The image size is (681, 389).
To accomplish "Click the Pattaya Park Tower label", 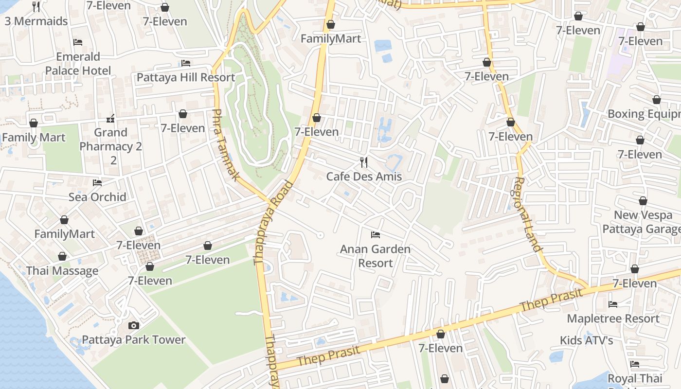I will click(133, 339).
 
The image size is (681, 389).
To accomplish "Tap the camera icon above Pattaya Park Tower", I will click(133, 325).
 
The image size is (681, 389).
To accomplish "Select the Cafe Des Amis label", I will click(364, 176).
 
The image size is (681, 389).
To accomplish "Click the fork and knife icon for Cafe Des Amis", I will click(364, 162).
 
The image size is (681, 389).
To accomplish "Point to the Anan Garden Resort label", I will click(375, 256).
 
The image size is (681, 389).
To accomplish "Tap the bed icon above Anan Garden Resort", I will click(375, 235).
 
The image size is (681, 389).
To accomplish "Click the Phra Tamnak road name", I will click(226, 144).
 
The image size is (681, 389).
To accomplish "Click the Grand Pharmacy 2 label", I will click(111, 146).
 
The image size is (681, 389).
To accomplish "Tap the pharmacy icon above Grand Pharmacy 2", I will click(111, 118).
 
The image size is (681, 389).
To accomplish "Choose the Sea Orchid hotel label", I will click(97, 196).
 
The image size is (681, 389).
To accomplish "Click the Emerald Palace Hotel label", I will click(78, 64).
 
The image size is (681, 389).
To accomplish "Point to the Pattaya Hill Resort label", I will click(186, 77).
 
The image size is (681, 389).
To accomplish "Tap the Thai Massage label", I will click(62, 271).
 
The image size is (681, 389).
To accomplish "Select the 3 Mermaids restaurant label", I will click(36, 21).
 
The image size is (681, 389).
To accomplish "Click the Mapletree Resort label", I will click(613, 318).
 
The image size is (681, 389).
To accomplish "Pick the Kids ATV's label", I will click(586, 340).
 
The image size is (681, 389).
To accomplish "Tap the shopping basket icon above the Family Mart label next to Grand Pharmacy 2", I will click(34, 124).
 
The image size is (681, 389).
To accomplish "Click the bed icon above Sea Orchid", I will click(97, 183).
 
